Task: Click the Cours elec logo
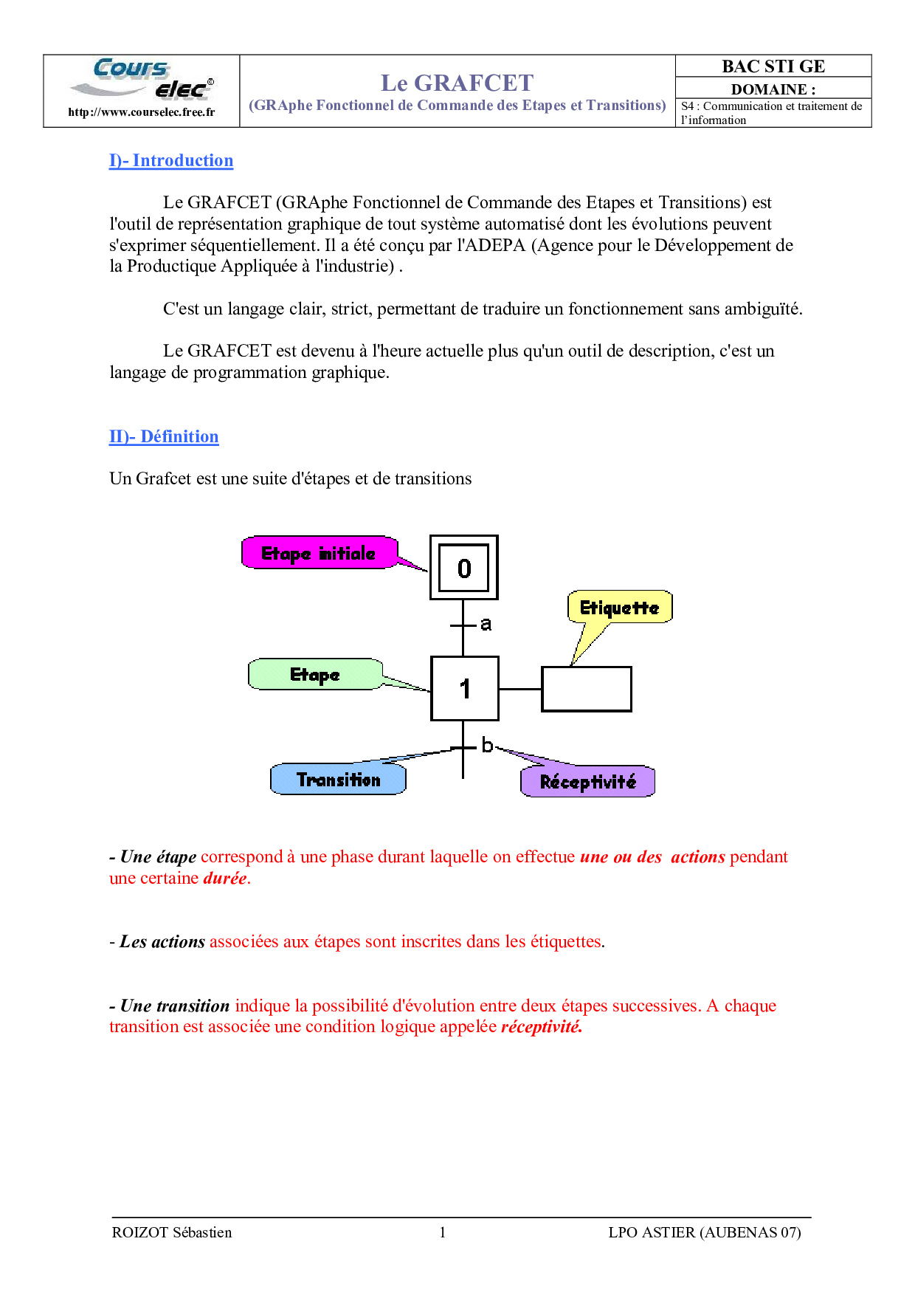142,79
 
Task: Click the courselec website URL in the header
142,112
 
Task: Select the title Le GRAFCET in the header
457,83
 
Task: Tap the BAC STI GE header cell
773,66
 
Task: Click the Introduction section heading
171,161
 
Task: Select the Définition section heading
164,437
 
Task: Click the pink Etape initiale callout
319,553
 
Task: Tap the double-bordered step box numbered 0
464,568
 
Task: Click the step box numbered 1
465,689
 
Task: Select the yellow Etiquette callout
619,608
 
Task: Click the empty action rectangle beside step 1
587,690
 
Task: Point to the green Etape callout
315,675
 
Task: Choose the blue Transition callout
339,780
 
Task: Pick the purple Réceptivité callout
587,782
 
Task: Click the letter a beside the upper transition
486,624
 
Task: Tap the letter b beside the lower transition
487,746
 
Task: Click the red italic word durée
225,879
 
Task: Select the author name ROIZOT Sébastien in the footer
172,1232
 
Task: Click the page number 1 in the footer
443,1232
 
